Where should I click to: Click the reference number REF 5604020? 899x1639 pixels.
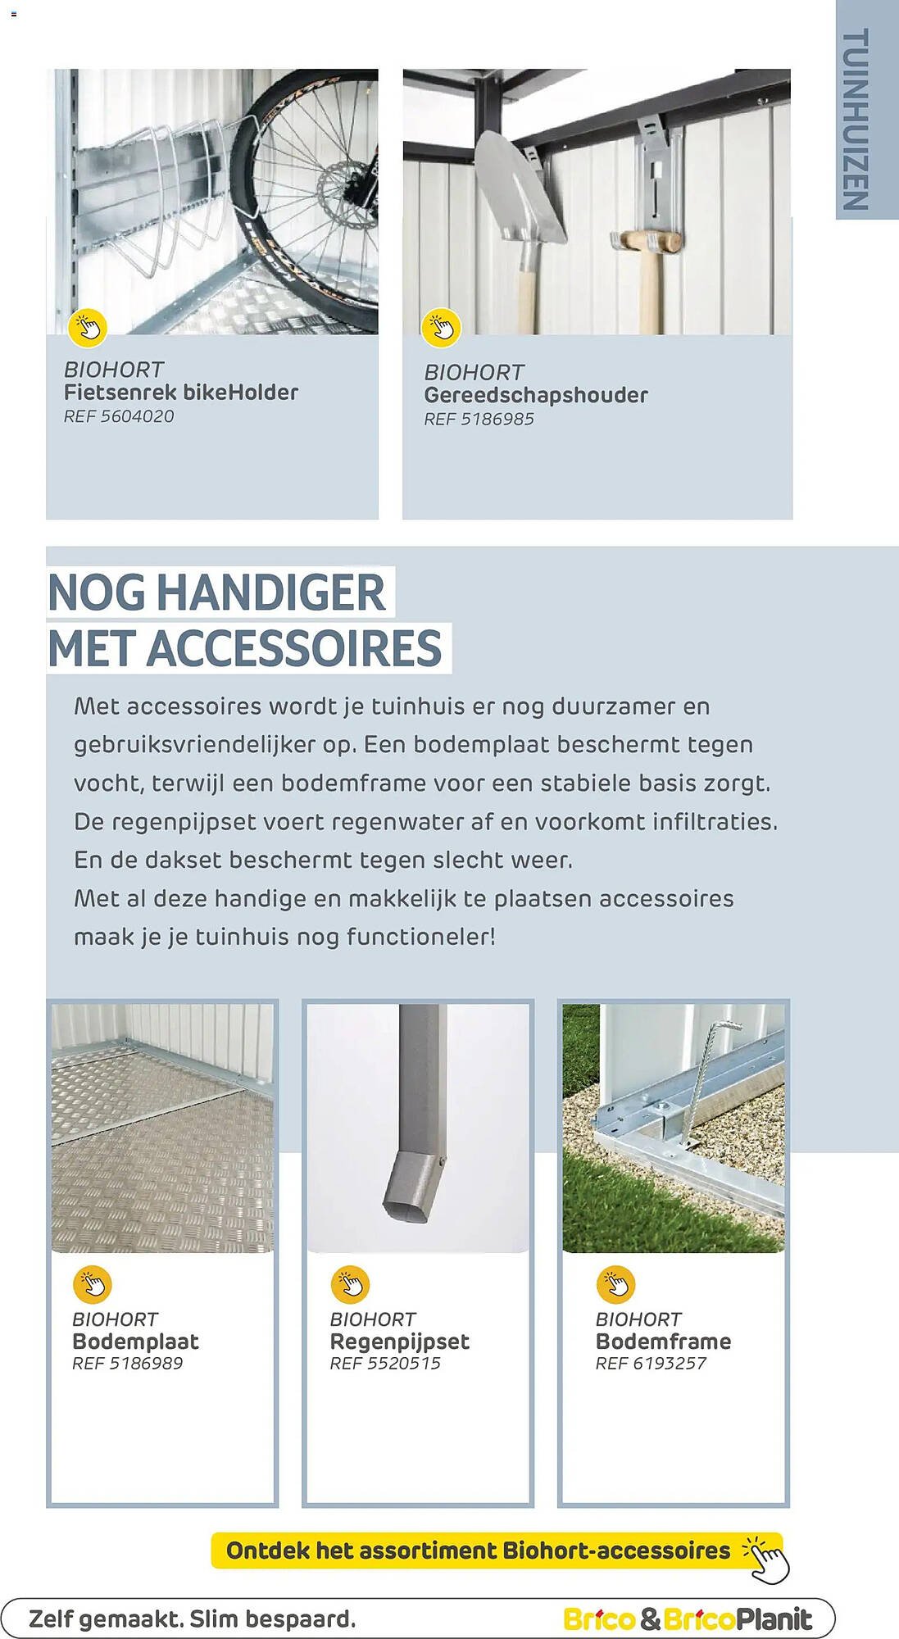(x=119, y=416)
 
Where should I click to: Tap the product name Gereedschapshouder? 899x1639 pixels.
(x=536, y=395)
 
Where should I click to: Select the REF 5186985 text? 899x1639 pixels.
(x=479, y=419)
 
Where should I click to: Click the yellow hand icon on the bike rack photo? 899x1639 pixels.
(x=88, y=327)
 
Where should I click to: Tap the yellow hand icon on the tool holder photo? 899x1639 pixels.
(x=441, y=327)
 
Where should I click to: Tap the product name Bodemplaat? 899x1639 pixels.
(x=135, y=1342)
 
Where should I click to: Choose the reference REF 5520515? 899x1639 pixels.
(x=385, y=1364)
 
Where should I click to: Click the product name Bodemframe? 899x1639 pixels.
(x=663, y=1342)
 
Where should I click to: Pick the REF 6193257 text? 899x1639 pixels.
(x=651, y=1364)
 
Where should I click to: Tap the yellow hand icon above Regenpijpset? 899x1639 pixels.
(x=350, y=1284)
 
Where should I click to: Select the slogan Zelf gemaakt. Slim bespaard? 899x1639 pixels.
(x=193, y=1619)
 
